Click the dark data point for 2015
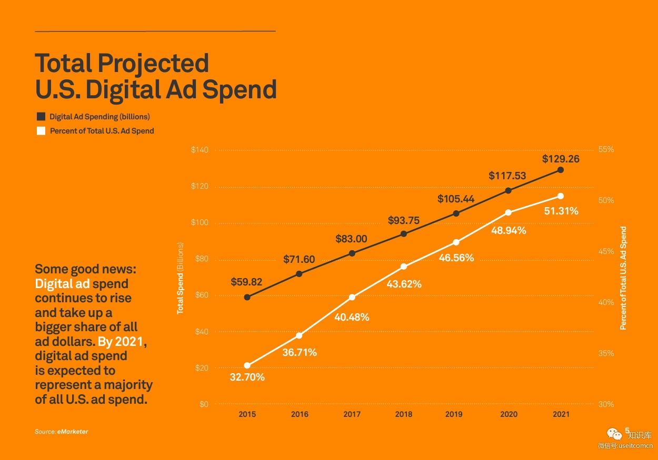click(247, 298)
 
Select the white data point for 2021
click(561, 196)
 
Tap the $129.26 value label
click(561, 158)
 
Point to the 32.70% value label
click(247, 377)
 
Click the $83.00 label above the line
click(351, 239)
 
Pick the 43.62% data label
click(404, 284)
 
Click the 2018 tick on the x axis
click(404, 414)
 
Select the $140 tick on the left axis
click(200, 150)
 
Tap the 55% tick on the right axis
click(606, 149)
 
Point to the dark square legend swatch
click(41, 117)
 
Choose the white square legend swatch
click(41, 130)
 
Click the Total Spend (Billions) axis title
click(180, 278)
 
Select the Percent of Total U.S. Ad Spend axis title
click(623, 278)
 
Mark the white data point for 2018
click(404, 267)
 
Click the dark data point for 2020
click(509, 190)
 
